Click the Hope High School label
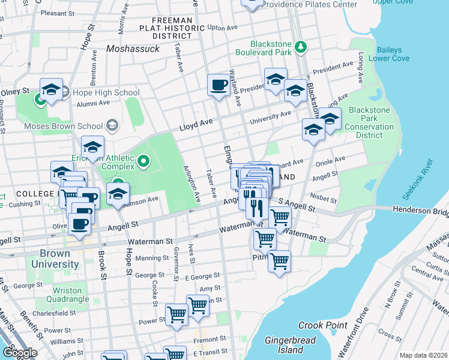(x=106, y=92)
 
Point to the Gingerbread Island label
(x=291, y=344)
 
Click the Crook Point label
(x=322, y=325)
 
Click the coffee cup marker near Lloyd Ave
(x=218, y=85)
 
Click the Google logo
(x=19, y=353)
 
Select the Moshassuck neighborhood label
(x=133, y=49)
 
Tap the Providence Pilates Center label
(x=310, y=4)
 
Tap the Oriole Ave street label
(x=331, y=160)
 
